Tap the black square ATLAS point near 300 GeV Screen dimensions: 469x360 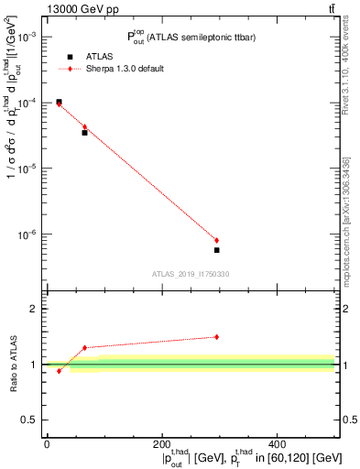pos(217,249)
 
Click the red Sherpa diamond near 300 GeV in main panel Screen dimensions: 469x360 pos(217,240)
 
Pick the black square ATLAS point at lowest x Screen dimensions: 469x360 pos(59,102)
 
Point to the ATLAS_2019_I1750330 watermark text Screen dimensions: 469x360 pos(190,274)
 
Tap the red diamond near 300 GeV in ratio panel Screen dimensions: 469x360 pos(217,337)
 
